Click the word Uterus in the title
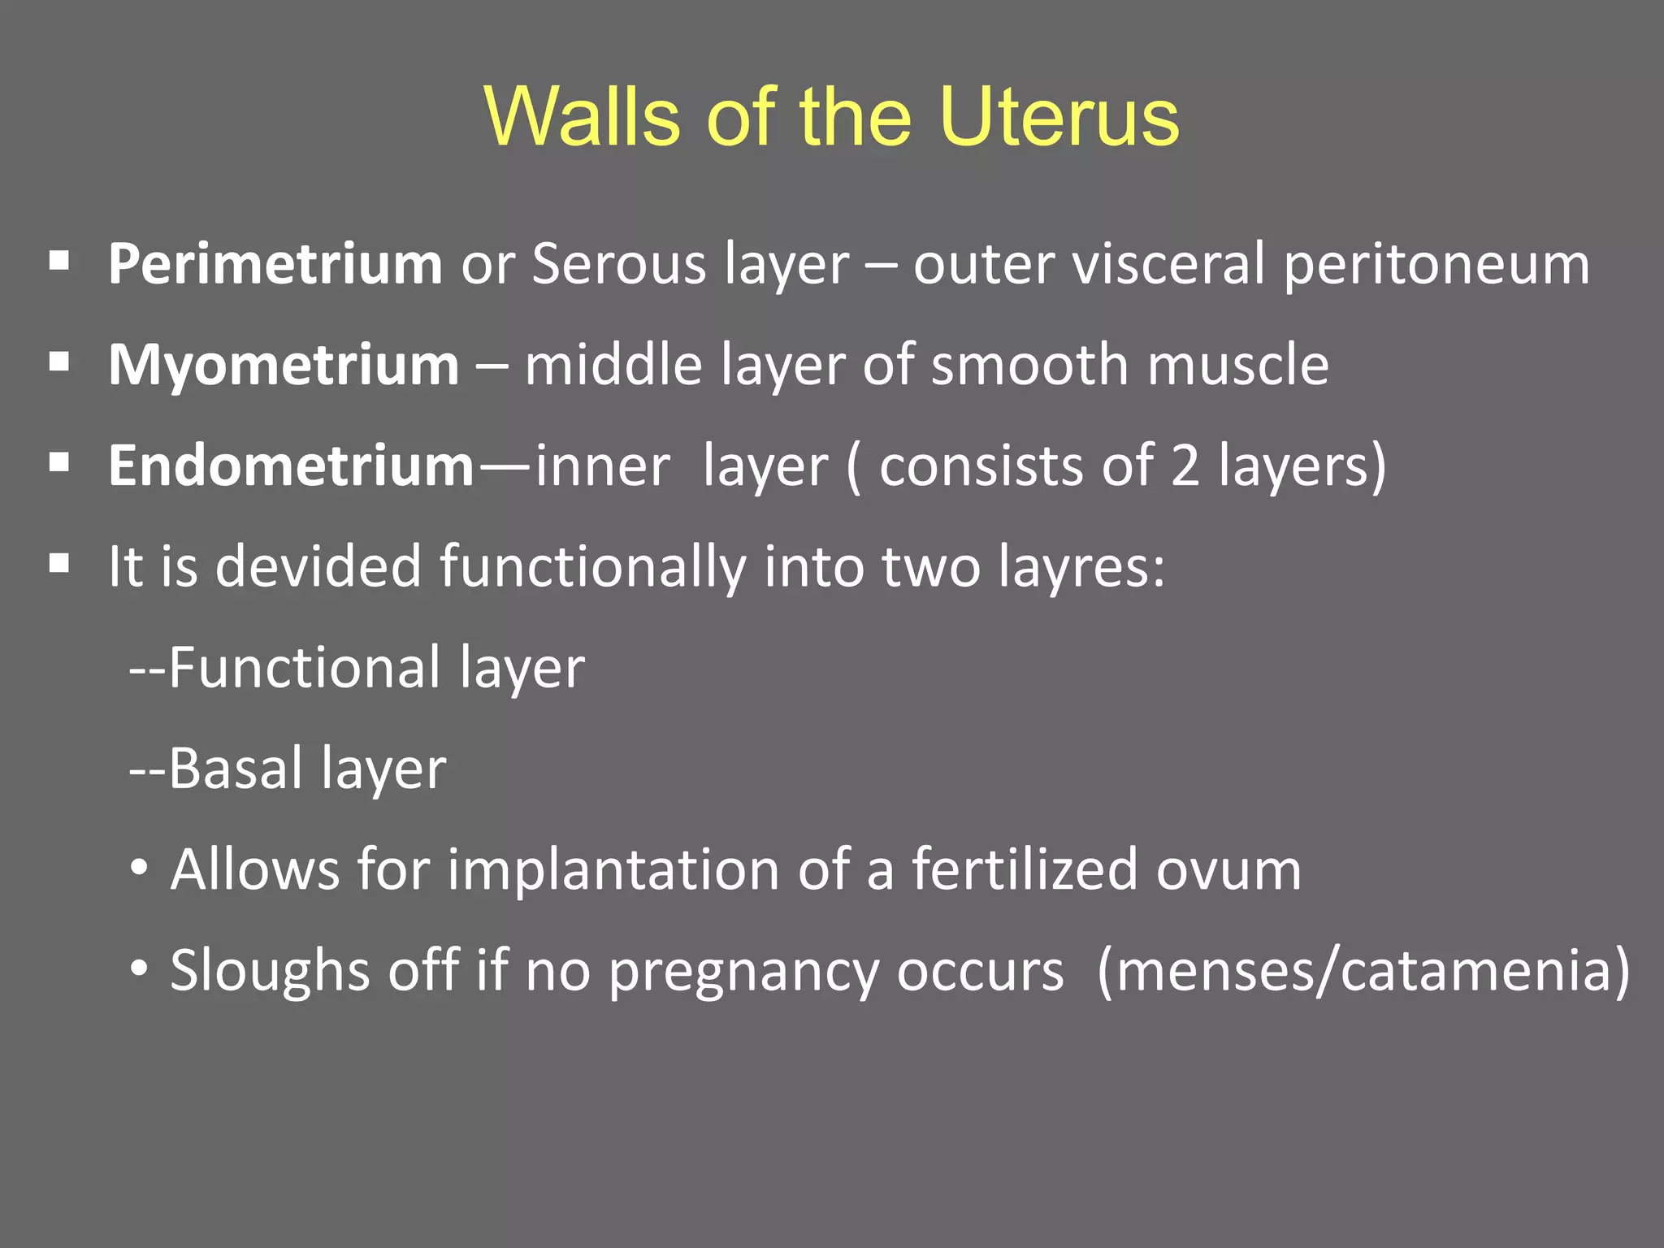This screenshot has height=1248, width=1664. click(1058, 118)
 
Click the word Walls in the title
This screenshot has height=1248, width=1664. click(582, 118)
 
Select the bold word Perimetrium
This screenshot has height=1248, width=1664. click(275, 265)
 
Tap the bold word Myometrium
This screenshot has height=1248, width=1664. click(284, 366)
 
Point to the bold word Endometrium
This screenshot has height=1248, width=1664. click(291, 466)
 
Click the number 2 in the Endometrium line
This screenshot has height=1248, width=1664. click(1185, 466)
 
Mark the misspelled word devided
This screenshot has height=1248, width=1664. click(318, 566)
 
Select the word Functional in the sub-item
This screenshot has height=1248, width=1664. click(305, 668)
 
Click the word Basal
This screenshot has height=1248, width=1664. click(236, 769)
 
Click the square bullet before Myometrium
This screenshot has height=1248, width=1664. click(59, 362)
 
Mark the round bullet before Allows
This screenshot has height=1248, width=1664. click(140, 869)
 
